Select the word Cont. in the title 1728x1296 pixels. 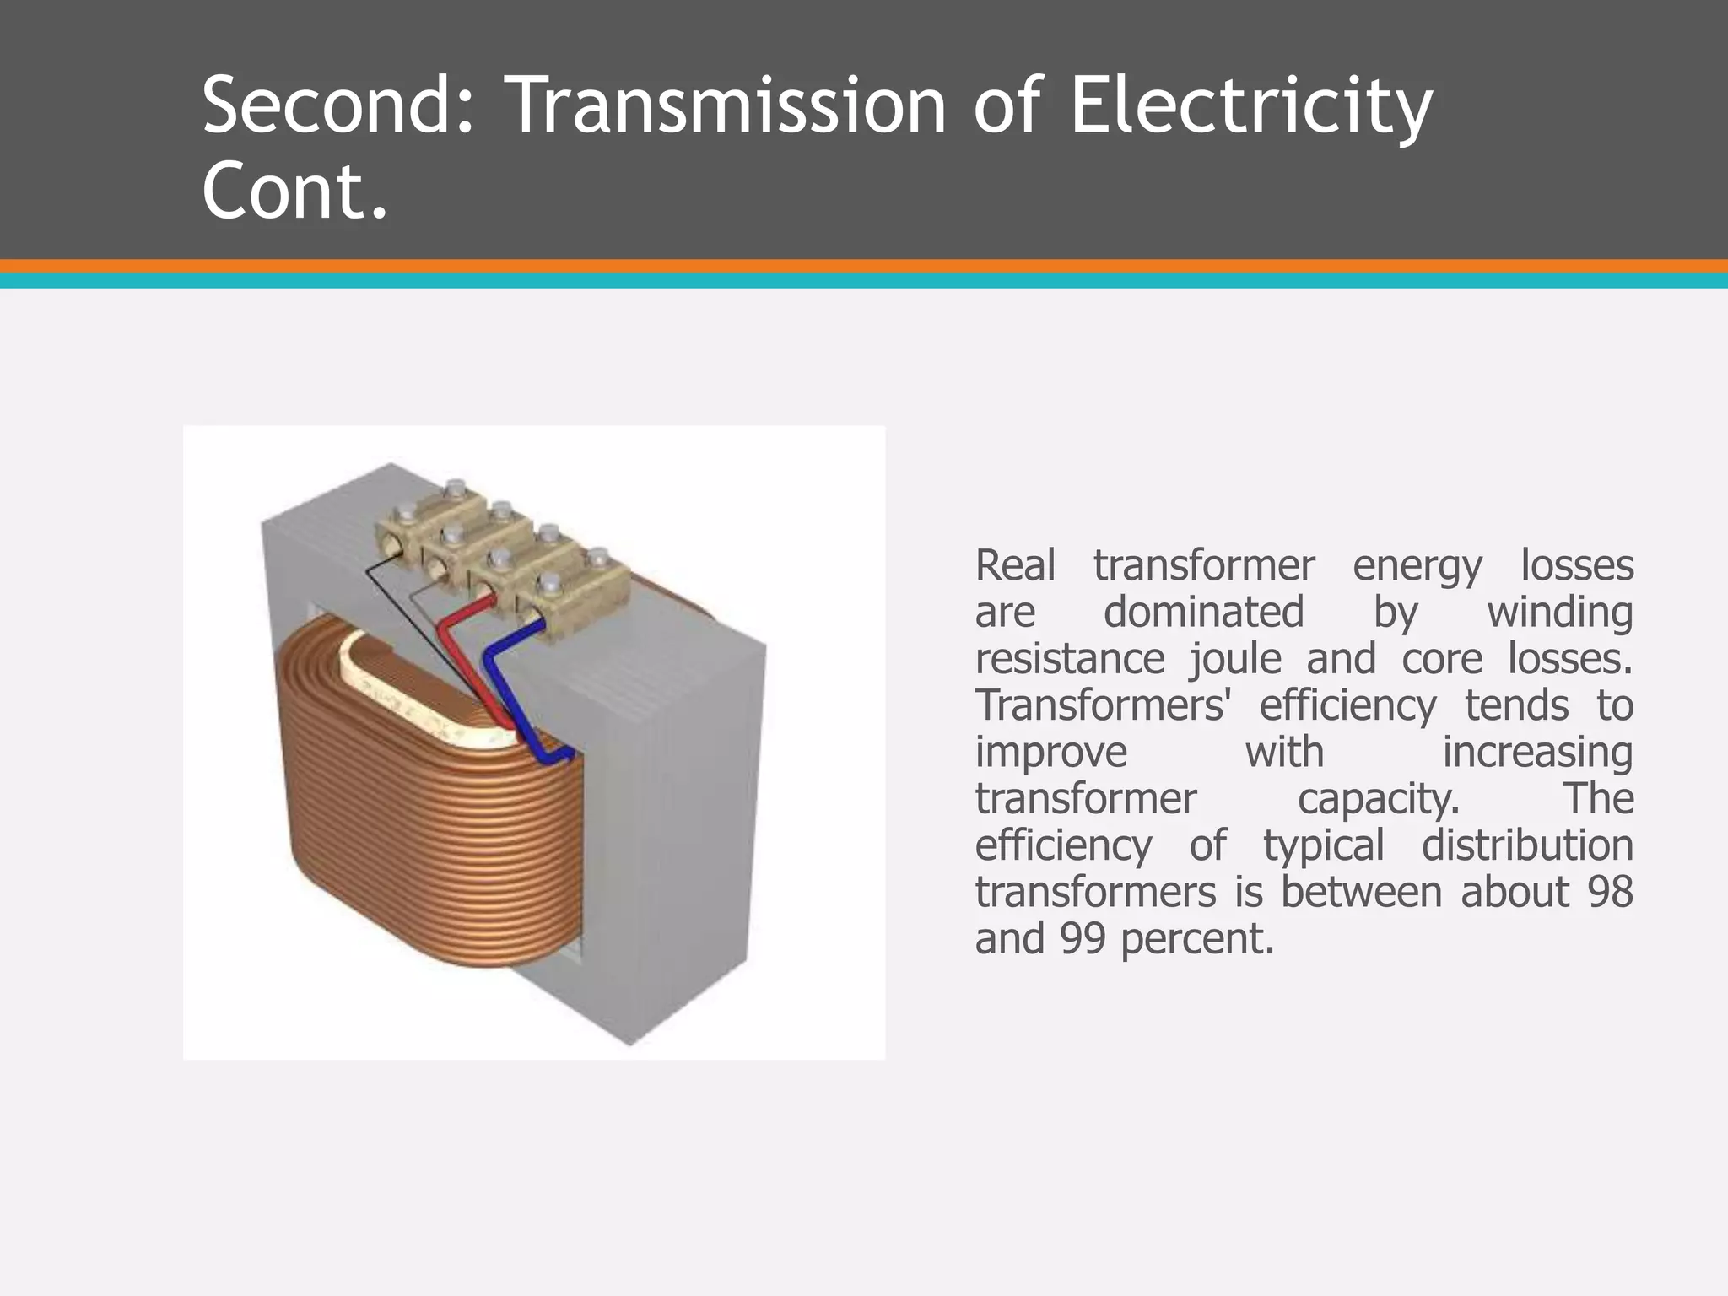tap(294, 191)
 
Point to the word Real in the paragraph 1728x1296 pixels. tap(1015, 565)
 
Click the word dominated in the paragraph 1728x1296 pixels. tap(1203, 612)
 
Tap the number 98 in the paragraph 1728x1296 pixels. tap(1610, 892)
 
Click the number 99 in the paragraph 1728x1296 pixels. tap(1083, 938)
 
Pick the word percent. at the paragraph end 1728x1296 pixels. tap(1197, 938)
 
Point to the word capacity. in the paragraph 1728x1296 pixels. tap(1378, 799)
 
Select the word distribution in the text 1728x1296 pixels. tap(1527, 845)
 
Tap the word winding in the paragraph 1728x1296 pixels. tap(1559, 612)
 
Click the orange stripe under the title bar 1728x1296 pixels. tap(864, 266)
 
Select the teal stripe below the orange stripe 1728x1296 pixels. tap(864, 281)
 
